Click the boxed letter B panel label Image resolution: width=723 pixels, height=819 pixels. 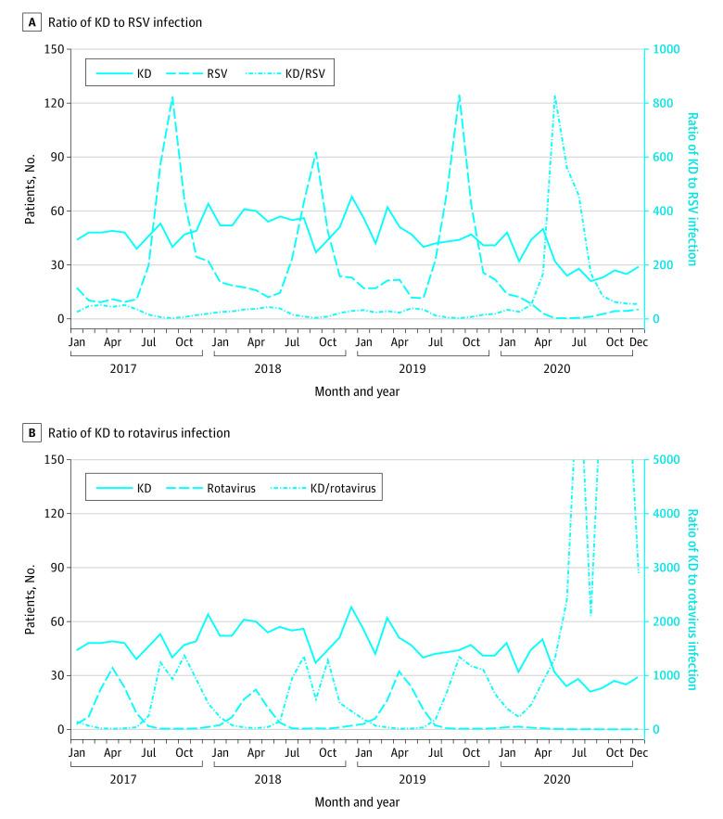pyautogui.click(x=31, y=432)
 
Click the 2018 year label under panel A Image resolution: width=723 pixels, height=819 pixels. pyautogui.click(x=268, y=369)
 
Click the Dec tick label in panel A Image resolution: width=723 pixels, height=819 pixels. pyautogui.click(x=638, y=341)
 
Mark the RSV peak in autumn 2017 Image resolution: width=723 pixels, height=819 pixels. pyautogui.click(x=172, y=97)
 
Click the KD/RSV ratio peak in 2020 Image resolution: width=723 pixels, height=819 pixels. pyautogui.click(x=554, y=96)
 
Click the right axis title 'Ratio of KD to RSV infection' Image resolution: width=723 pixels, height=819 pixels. pyautogui.click(x=692, y=188)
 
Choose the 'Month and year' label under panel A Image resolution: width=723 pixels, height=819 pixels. pyautogui.click(x=357, y=391)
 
